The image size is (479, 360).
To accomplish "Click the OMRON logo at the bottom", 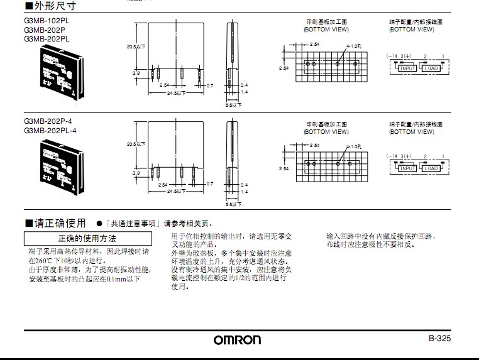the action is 237,340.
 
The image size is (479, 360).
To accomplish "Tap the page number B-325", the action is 440,338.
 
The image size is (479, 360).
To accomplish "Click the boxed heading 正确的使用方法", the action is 87,239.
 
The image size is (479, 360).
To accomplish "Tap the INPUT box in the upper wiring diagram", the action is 408,68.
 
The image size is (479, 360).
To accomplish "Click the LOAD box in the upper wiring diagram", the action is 431,68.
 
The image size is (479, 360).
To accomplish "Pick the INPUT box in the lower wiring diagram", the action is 408,168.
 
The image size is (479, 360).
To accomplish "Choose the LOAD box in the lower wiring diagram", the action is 431,168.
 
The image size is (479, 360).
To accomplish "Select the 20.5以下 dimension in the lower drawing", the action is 136,144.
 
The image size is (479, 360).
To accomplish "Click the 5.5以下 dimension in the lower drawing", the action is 233,204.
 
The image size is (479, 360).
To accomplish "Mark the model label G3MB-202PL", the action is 47,38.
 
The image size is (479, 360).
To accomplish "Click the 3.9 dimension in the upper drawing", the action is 136,74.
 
